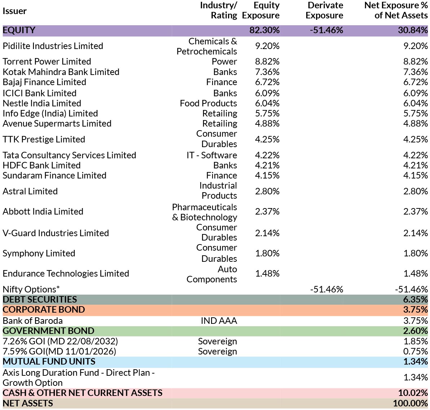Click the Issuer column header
[x=14, y=11]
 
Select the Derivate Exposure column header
[x=324, y=10]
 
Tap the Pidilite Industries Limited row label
[x=53, y=46]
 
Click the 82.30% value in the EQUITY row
[x=264, y=30]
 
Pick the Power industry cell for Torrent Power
[x=224, y=61]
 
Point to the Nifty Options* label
[x=31, y=289]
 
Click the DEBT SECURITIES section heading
[x=40, y=299]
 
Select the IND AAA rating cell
[x=219, y=321]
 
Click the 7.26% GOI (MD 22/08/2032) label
[x=60, y=341]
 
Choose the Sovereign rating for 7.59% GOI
[x=218, y=351]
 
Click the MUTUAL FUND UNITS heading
[x=49, y=361]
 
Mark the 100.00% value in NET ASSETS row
[x=410, y=403]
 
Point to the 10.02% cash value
[x=413, y=393]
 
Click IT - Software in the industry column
[x=212, y=155]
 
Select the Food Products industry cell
[x=209, y=103]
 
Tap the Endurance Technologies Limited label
[x=66, y=274]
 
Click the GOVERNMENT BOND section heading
[x=49, y=331]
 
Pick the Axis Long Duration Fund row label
[x=78, y=378]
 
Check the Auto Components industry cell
[x=212, y=274]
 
